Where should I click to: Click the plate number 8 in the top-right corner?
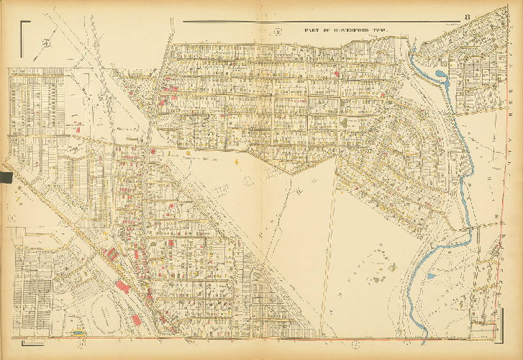[x=467, y=18]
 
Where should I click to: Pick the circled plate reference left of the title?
[x=277, y=31]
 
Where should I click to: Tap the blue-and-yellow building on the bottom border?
[x=78, y=333]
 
